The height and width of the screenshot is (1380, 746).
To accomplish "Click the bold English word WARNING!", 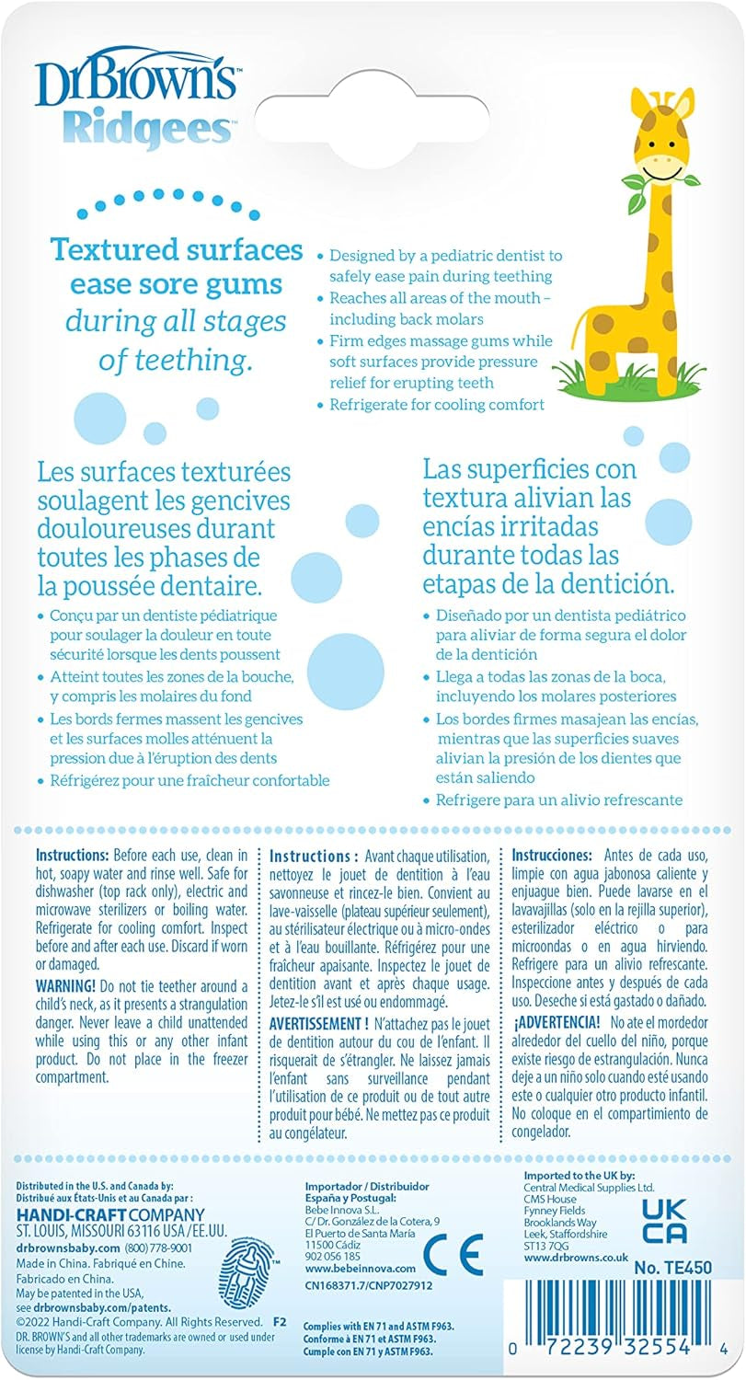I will click(x=70, y=984).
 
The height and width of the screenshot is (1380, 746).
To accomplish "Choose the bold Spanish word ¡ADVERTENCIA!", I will click(x=557, y=1021).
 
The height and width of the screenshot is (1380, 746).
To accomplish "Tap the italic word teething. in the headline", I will click(x=208, y=361).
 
